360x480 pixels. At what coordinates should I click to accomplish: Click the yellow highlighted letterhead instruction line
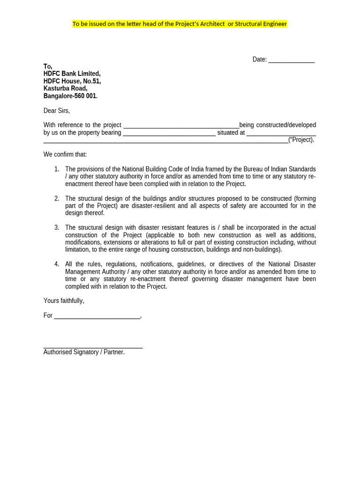pyautogui.click(x=180, y=24)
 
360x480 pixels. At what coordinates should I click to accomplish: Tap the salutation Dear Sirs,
pyautogui.click(x=57, y=111)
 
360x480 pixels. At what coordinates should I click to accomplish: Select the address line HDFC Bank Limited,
pyautogui.click(x=72, y=74)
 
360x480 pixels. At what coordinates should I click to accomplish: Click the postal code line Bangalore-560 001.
pyautogui.click(x=70, y=96)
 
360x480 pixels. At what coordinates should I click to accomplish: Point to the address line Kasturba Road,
pyautogui.click(x=65, y=89)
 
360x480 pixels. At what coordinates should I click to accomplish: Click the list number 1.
pyautogui.click(x=57, y=169)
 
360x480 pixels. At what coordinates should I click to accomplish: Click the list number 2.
pyautogui.click(x=57, y=198)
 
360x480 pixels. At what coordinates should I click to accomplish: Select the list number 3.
pyautogui.click(x=57, y=227)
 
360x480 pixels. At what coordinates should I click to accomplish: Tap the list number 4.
pyautogui.click(x=57, y=264)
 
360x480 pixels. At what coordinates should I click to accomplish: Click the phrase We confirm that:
pyautogui.click(x=65, y=155)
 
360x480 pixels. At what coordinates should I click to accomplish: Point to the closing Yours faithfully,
pyautogui.click(x=64, y=300)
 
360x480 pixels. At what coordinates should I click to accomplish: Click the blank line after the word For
pyautogui.click(x=97, y=316)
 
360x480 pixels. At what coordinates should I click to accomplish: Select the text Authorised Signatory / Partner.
pyautogui.click(x=84, y=352)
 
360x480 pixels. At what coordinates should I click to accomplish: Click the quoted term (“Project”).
pyautogui.click(x=301, y=140)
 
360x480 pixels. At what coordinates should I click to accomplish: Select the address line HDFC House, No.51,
pyautogui.click(x=72, y=81)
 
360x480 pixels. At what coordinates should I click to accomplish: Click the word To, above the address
pyautogui.click(x=48, y=67)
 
